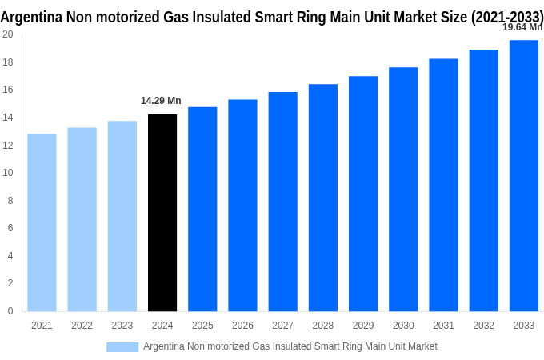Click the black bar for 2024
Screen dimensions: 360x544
(162, 213)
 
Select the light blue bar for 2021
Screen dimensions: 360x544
(42, 222)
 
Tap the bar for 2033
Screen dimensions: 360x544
(524, 175)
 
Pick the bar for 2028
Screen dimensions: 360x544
(323, 198)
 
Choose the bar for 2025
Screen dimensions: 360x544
(202, 209)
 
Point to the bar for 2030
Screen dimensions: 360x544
(403, 189)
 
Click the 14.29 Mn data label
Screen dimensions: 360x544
(161, 101)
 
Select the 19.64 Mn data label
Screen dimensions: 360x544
(522, 27)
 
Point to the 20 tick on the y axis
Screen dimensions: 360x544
(7, 34)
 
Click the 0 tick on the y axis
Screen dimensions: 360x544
(10, 311)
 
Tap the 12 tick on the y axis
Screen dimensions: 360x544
(7, 145)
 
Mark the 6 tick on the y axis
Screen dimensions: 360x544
(10, 228)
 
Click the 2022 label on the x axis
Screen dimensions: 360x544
(82, 326)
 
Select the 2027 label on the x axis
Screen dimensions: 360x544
(282, 326)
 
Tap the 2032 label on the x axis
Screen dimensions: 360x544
(483, 326)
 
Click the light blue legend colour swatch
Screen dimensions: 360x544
(122, 346)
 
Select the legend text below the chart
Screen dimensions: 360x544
(290, 346)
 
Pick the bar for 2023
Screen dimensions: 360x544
(122, 216)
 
